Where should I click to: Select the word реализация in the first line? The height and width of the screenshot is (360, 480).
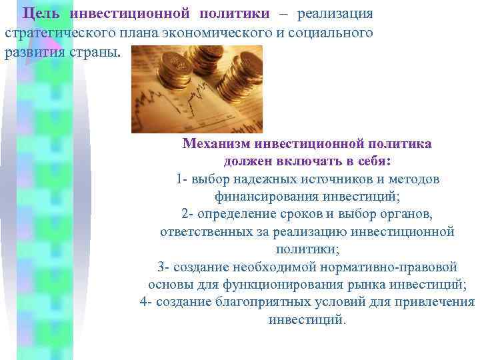click(x=335, y=14)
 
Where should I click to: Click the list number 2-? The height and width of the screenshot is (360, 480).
click(x=187, y=214)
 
